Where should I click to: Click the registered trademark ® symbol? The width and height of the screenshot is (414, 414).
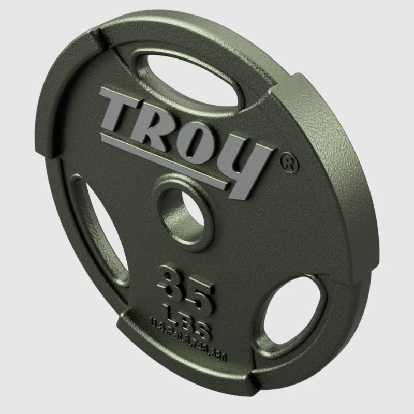(x=291, y=162)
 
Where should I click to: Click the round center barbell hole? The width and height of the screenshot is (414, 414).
(x=181, y=212)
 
